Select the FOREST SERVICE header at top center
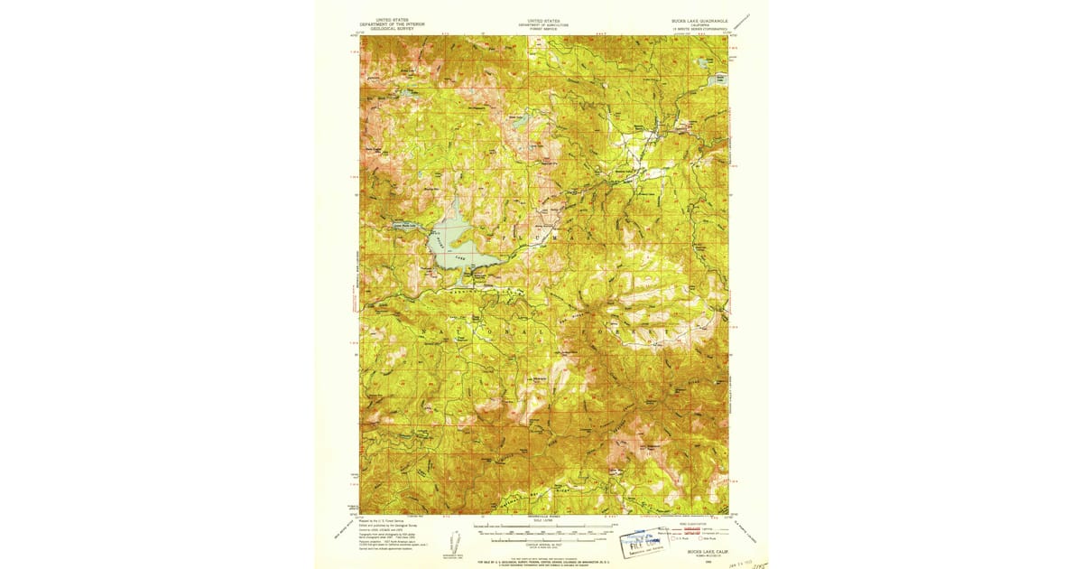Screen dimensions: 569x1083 coord(543,28)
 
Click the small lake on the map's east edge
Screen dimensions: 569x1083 coord(720,79)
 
